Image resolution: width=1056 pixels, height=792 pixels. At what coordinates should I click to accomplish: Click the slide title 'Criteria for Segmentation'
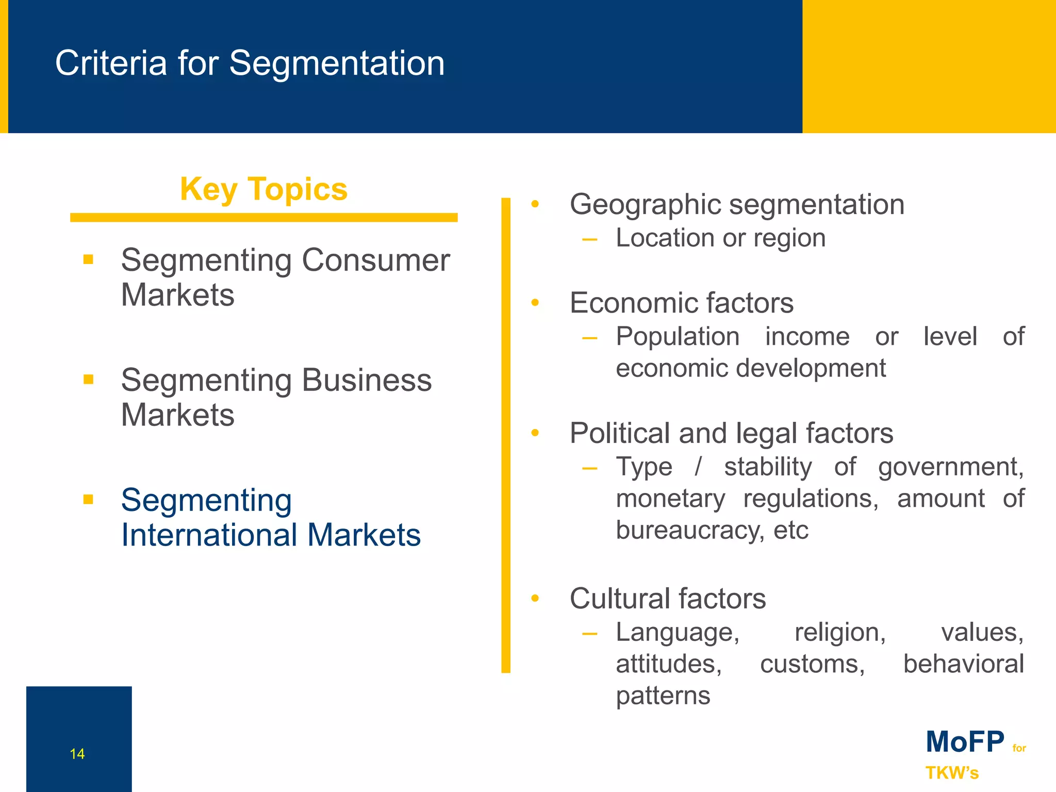tap(250, 63)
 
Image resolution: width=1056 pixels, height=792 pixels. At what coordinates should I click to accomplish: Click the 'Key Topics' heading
tap(263, 189)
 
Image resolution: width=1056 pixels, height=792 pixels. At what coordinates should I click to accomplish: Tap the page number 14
tap(77, 754)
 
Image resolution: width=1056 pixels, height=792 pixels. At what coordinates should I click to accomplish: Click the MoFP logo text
tap(965, 742)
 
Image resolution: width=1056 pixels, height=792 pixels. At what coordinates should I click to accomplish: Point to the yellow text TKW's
tap(952, 773)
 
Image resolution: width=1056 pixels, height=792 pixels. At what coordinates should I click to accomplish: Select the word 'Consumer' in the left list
tap(375, 260)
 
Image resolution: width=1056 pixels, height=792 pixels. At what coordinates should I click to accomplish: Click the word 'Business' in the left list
tap(367, 380)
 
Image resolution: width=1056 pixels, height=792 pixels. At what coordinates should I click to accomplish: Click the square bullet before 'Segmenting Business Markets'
tap(88, 379)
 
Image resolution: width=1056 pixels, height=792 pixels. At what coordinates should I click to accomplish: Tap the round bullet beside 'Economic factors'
tap(535, 303)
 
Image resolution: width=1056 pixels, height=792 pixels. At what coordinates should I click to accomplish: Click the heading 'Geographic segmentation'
tap(737, 205)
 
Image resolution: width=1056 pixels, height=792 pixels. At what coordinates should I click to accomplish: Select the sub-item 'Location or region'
tap(720, 238)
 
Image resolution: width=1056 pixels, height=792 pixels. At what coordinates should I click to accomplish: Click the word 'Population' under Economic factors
tap(678, 337)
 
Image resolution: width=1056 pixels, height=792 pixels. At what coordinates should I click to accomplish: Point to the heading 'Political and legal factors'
tap(731, 433)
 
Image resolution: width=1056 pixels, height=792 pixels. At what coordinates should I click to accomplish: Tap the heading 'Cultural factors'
tap(668, 599)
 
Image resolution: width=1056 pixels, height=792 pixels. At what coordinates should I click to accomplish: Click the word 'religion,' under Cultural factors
tap(840, 633)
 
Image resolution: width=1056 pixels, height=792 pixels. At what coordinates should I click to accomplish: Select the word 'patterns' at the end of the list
tap(663, 696)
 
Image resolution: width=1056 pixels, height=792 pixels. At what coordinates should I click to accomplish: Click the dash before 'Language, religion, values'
tap(589, 634)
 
